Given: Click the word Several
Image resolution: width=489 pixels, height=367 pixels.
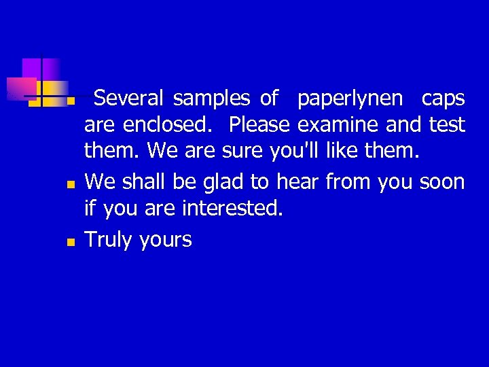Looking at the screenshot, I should coord(128,99).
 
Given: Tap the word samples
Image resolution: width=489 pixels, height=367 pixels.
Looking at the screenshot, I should coord(211,99).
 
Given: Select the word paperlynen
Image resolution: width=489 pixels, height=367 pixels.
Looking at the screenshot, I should coord(350,99).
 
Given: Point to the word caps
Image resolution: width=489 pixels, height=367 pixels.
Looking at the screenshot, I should coord(443,99).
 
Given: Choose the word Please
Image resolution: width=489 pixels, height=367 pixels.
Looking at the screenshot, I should coord(259,126).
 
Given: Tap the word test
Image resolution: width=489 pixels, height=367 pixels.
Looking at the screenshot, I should coord(447,126).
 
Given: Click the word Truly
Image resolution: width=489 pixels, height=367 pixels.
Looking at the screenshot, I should coord(109,240).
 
